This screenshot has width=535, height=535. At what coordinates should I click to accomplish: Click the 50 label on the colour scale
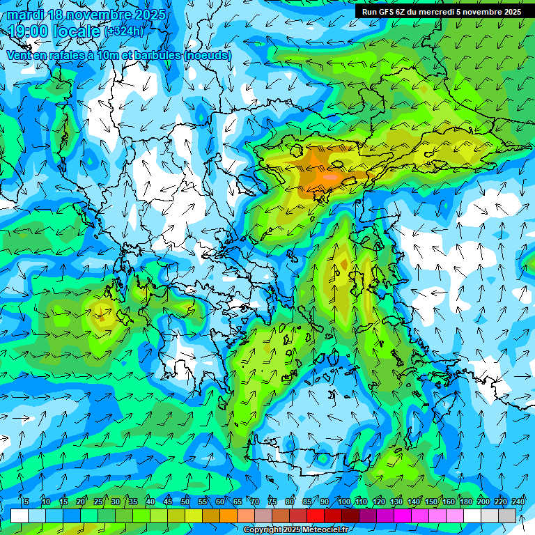185,502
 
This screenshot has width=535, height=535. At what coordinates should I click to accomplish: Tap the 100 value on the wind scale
344,502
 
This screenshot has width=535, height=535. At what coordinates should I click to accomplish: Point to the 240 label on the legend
518,502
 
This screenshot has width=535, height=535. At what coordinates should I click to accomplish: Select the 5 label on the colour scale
26,502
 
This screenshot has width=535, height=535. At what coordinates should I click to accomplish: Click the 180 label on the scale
465,502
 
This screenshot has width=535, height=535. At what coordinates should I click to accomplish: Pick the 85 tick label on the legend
307,502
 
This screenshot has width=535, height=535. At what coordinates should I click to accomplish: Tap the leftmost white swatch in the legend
20,515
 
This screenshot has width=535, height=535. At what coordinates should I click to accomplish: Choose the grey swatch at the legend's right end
507,515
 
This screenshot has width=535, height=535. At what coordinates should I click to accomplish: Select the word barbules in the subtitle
157,55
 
